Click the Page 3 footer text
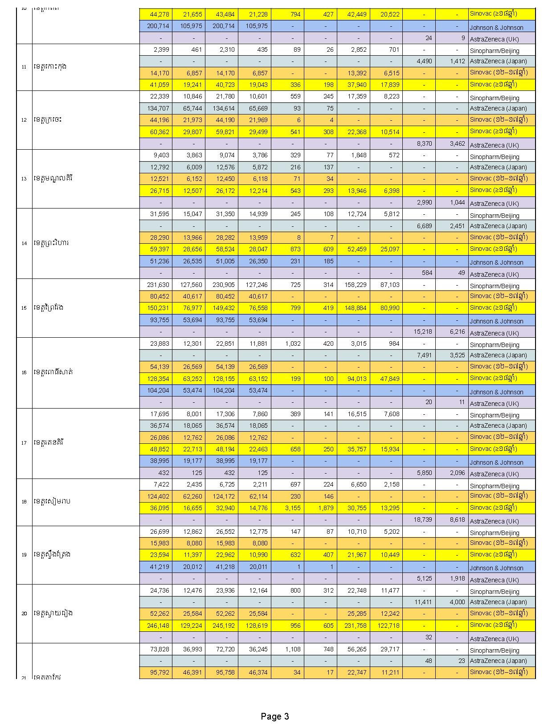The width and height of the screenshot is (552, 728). click(275, 716)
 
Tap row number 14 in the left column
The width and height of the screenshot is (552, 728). click(24, 243)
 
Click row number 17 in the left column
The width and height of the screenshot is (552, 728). click(24, 443)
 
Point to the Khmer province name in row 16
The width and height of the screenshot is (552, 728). click(53, 372)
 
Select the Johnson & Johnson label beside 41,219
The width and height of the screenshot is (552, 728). click(496, 568)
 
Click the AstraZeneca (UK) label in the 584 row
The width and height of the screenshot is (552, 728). click(494, 274)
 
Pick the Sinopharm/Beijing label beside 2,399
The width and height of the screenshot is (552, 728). click(495, 51)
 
